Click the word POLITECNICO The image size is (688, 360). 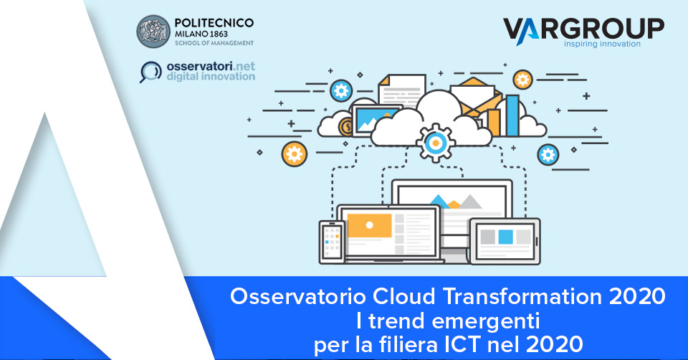(x=212, y=23)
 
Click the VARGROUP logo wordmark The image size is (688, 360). (x=583, y=28)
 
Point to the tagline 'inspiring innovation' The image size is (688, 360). (x=602, y=44)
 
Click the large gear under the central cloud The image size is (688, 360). (x=433, y=141)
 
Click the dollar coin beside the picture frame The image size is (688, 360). (x=348, y=127)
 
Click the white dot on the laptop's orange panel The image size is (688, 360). (x=370, y=224)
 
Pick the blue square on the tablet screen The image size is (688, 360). (x=506, y=236)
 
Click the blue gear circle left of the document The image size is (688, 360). (x=342, y=91)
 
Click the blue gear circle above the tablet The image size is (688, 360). (x=548, y=153)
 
